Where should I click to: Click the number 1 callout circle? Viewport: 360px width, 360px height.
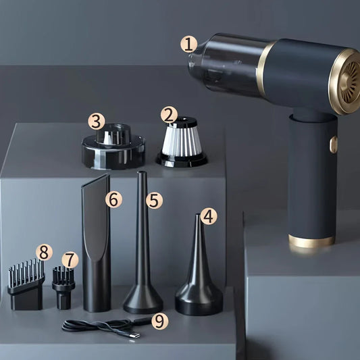point(188,45)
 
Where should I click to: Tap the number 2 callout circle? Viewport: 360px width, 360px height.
point(169,115)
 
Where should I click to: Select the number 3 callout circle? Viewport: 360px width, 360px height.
point(97,121)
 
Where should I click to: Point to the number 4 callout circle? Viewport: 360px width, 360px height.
point(209,216)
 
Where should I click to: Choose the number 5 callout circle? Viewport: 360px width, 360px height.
point(154,200)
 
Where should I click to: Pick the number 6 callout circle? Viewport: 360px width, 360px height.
point(114,199)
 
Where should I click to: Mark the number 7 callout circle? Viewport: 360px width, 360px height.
point(70,260)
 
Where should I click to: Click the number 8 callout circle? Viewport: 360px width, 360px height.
point(44,252)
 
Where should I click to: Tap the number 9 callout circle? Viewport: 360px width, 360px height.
point(160,322)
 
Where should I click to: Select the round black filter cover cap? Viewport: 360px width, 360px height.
point(113,147)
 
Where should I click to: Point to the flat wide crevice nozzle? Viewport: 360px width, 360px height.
point(96,243)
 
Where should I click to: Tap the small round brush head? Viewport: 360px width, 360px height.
point(63,288)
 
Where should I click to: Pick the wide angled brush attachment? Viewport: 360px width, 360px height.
point(26,286)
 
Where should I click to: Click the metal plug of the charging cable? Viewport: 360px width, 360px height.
point(134,336)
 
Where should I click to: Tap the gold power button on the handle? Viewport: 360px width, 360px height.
point(334,145)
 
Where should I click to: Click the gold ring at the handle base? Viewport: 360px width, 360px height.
point(311,241)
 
